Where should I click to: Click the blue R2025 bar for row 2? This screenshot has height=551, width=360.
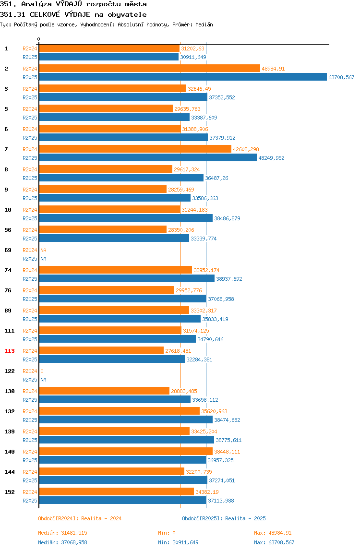pyautogui.click(x=183, y=77)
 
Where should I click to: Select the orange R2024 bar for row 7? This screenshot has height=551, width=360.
pyautogui.click(x=135, y=149)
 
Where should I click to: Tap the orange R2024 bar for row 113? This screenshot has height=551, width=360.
pyautogui.click(x=101, y=351)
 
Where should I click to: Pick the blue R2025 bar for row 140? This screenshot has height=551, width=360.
pyautogui.click(x=122, y=460)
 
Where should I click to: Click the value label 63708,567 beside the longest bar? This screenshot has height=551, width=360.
pyautogui.click(x=341, y=77)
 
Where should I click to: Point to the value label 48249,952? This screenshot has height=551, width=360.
pyautogui.click(x=271, y=158)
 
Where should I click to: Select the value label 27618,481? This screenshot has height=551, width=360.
pyautogui.click(x=178, y=351)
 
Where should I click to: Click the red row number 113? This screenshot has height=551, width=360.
pyautogui.click(x=10, y=351)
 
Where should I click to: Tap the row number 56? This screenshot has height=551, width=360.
pyautogui.click(x=8, y=230)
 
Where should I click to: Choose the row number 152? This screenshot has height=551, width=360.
pyautogui.click(x=10, y=492)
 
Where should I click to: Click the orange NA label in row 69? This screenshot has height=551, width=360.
pyautogui.click(x=43, y=250)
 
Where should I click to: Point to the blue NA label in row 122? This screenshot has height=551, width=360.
pyautogui.click(x=43, y=380)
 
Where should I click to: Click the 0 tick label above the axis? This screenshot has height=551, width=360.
pyautogui.click(x=39, y=39)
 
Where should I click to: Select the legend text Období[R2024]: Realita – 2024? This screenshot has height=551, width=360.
pyautogui.click(x=80, y=519)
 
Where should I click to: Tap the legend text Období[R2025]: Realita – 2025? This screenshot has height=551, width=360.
pyautogui.click(x=224, y=519)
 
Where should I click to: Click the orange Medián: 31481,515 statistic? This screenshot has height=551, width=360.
pyautogui.click(x=62, y=533)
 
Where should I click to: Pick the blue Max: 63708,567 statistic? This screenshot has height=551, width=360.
pyautogui.click(x=274, y=542)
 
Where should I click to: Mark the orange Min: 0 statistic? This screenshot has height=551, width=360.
pyautogui.click(x=167, y=533)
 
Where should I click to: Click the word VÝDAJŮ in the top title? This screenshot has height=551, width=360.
pyautogui.click(x=69, y=4)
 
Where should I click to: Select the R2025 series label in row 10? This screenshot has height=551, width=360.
pyautogui.click(x=30, y=218)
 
